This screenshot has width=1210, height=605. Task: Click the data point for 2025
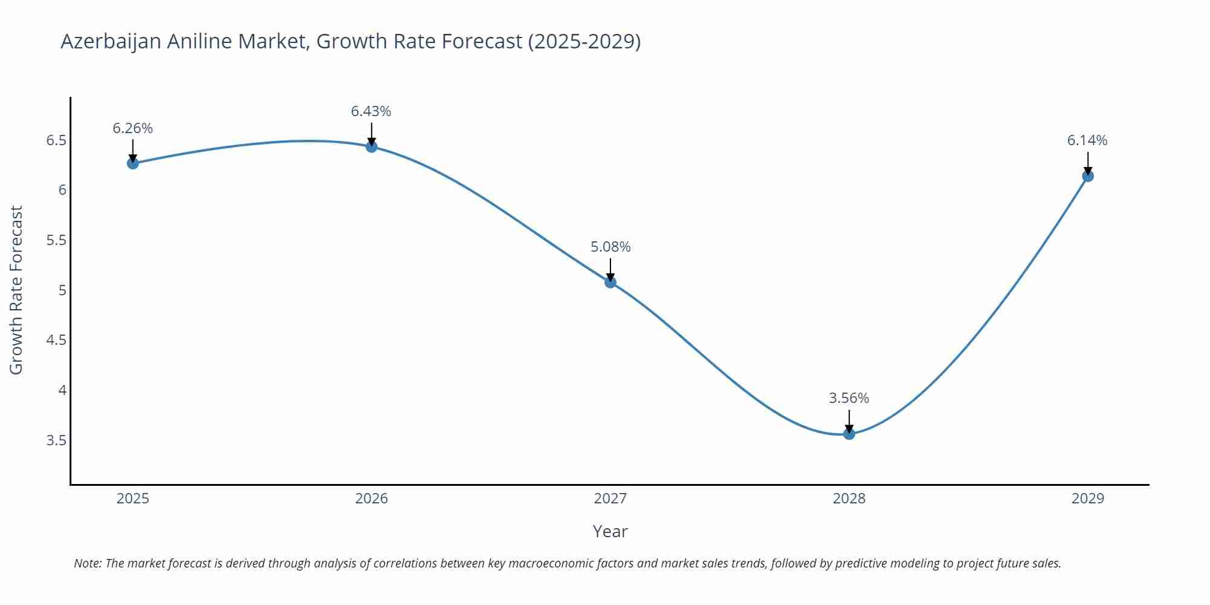[132, 163]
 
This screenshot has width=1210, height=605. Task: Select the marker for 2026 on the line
[371, 146]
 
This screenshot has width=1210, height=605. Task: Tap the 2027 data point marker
[610, 282]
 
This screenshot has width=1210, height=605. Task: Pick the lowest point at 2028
[849, 434]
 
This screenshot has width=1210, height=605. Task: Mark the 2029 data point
[1088, 176]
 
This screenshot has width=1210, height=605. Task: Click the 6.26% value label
[132, 128]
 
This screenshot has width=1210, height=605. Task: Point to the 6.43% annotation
[371, 111]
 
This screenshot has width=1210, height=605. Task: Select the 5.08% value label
[610, 247]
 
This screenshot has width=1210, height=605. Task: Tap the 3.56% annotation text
[849, 398]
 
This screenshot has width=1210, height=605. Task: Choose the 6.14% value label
[1087, 140]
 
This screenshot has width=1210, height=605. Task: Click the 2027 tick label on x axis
[610, 499]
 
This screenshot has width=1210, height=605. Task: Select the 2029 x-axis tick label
[1088, 499]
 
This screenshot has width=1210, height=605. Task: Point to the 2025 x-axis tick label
[132, 499]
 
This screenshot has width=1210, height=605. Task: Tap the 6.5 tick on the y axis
[56, 140]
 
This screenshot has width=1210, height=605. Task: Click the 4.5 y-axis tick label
[56, 340]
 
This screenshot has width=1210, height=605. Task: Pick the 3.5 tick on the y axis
[56, 440]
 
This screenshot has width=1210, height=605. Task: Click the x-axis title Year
[610, 531]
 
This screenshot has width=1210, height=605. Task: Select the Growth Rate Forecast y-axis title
[16, 290]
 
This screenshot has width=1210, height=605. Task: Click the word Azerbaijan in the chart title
[111, 42]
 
